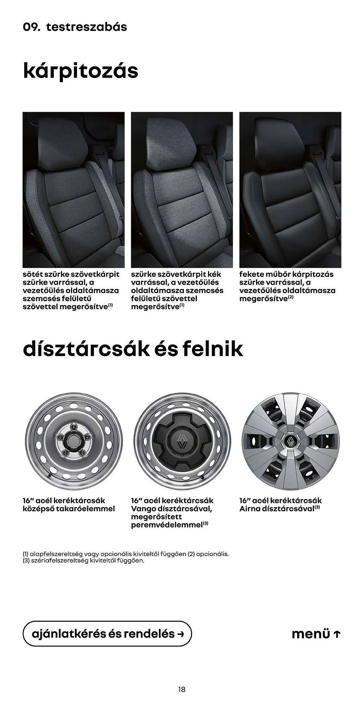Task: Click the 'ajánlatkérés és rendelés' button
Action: point(107,634)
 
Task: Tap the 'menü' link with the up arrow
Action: point(316,634)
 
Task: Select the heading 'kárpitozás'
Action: point(81,71)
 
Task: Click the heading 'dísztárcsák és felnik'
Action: point(133,349)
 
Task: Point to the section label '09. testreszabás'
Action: point(75,27)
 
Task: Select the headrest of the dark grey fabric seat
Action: point(63,140)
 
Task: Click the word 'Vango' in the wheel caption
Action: point(144,509)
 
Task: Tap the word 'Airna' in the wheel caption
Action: point(250,509)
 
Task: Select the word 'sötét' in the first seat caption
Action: point(32,274)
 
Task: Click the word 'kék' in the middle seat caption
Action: point(215,274)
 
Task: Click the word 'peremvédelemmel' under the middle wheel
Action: point(167,525)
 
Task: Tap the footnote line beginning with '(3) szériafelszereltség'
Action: point(83,561)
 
